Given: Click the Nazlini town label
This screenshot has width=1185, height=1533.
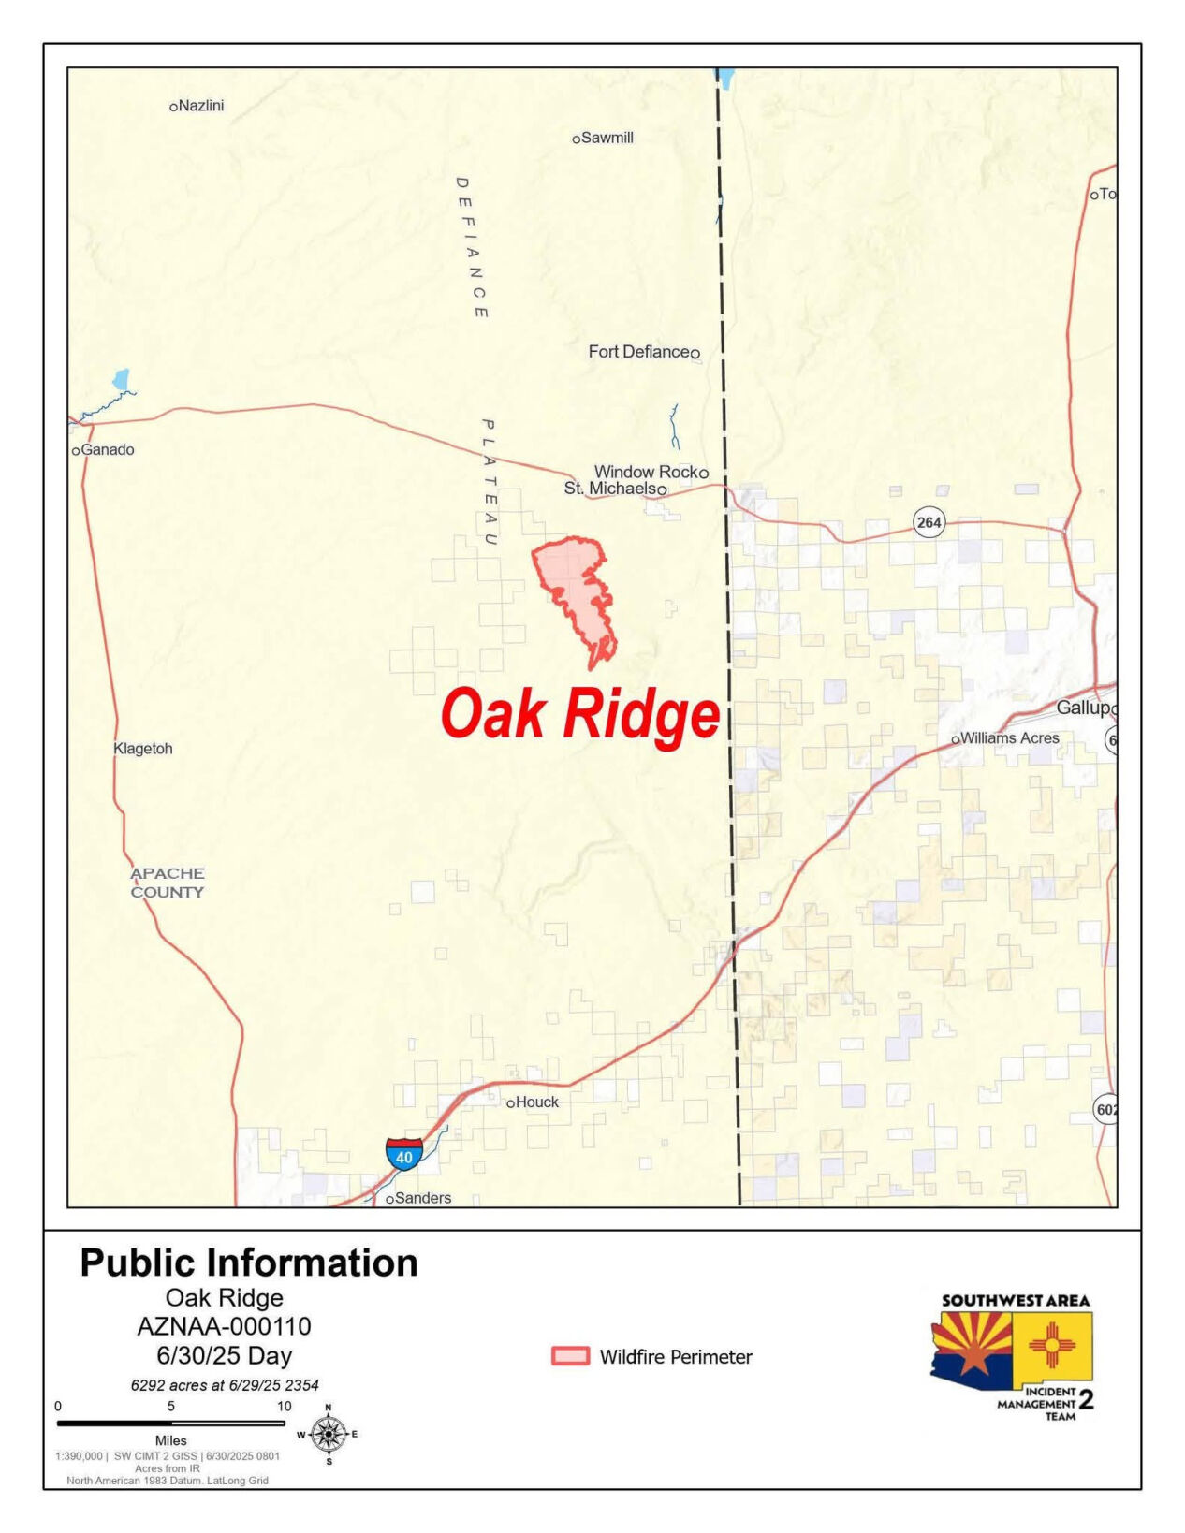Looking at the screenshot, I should (200, 106).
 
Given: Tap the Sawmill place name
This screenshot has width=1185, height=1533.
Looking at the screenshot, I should (607, 138).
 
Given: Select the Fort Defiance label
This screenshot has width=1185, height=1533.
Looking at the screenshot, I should (638, 352).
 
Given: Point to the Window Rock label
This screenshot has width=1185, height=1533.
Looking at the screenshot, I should (646, 472).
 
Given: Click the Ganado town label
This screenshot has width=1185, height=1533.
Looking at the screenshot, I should (108, 450).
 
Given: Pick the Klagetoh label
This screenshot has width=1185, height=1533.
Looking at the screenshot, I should (142, 749).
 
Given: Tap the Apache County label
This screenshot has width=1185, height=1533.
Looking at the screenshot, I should (168, 883).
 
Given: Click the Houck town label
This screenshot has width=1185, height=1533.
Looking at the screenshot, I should (536, 1102).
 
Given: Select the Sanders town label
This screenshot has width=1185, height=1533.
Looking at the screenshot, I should (422, 1198).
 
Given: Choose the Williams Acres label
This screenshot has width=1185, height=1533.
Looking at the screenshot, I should (1009, 738).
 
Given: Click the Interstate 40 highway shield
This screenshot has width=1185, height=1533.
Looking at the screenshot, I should (403, 1154).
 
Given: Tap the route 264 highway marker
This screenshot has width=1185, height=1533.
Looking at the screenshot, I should (929, 522).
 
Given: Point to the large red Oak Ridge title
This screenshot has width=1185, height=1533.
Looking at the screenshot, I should (580, 715).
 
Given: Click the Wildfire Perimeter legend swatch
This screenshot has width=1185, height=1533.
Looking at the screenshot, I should (570, 1356).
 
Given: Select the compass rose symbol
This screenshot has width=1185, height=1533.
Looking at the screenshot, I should (328, 1434).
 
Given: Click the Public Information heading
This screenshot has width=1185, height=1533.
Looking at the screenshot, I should (249, 1263).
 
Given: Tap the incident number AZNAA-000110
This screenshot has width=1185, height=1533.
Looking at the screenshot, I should (224, 1326).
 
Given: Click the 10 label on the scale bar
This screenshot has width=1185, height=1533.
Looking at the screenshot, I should (284, 1406).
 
